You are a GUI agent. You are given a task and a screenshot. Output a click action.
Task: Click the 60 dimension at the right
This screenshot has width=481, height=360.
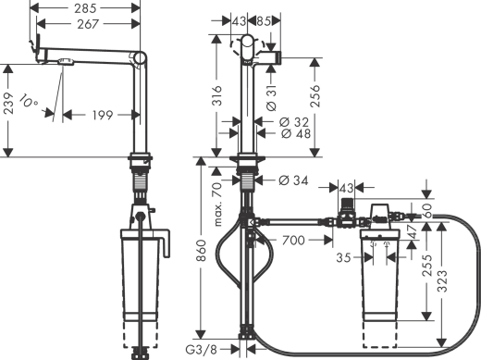coord(428,209)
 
